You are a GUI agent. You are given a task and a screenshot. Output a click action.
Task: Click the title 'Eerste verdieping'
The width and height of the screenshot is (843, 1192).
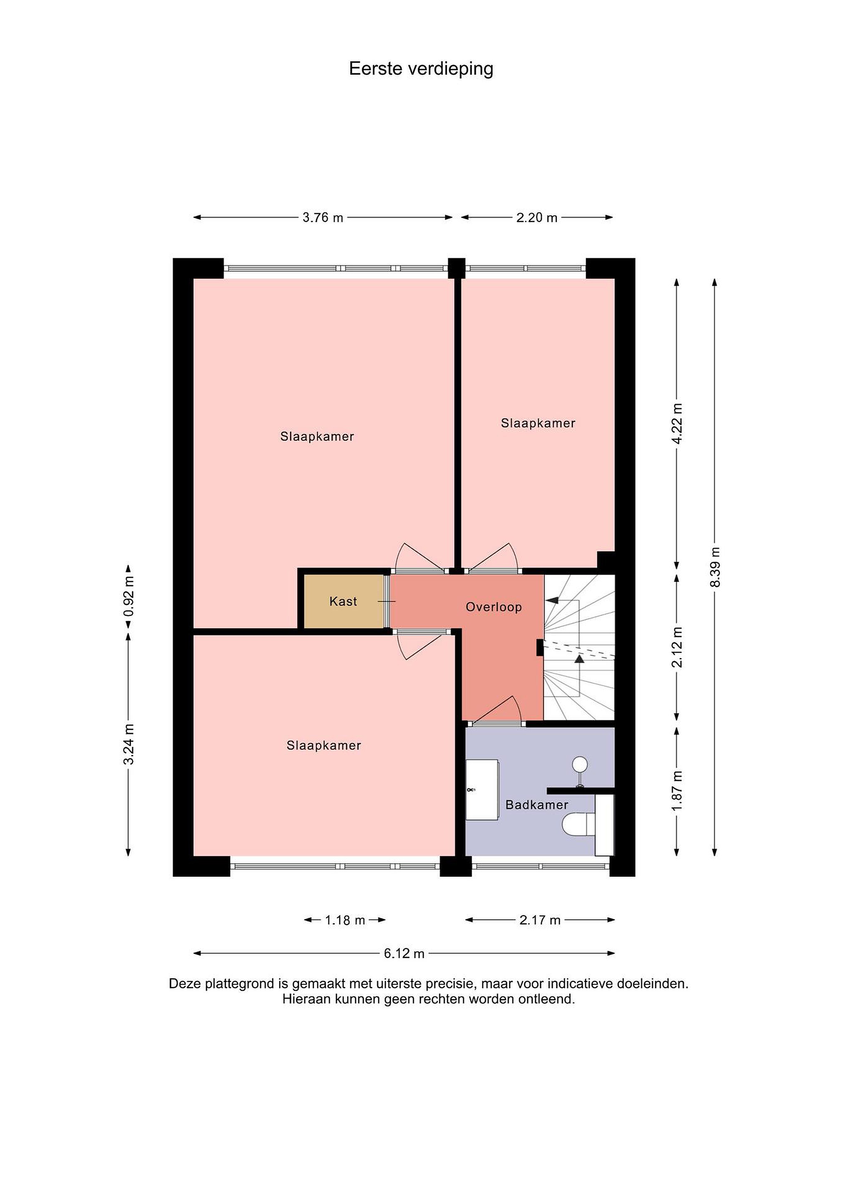[x=421, y=69]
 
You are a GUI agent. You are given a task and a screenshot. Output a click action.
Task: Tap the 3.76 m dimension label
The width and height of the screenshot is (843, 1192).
[x=323, y=218]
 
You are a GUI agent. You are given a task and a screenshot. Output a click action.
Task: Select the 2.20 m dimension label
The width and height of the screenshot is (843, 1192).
[x=537, y=218]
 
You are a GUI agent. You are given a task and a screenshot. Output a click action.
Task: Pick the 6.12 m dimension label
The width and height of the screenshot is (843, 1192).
[x=404, y=953]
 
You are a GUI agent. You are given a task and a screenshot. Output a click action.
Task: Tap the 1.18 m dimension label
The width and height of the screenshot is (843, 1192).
[x=345, y=920]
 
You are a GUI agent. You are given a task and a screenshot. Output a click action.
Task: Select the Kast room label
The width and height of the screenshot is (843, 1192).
[x=343, y=601]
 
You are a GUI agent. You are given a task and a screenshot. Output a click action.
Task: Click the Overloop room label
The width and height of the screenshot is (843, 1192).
[x=494, y=607]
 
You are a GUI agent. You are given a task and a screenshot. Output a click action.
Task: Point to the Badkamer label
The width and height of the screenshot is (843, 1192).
[x=537, y=805]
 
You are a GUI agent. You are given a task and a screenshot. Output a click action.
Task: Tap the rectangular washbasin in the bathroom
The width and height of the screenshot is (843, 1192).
[x=482, y=790]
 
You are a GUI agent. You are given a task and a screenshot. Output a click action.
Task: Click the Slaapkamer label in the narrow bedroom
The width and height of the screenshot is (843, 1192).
[x=538, y=423]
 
